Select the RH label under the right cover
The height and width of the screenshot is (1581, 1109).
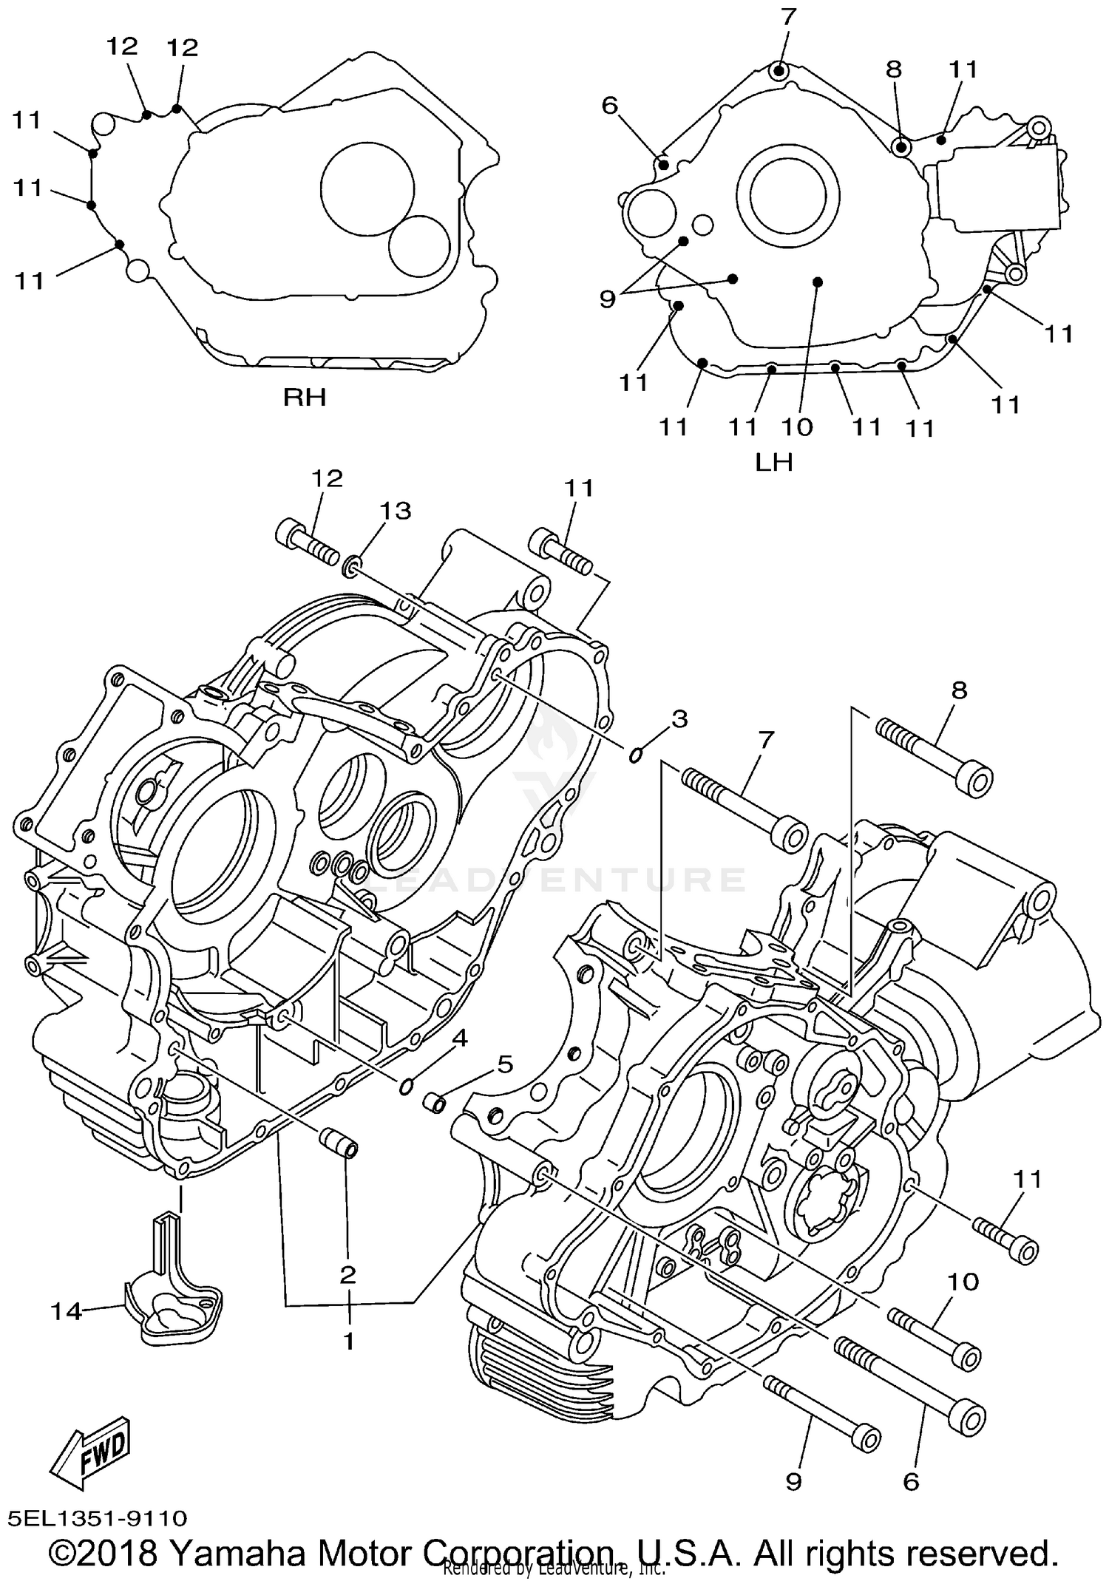pos(305,398)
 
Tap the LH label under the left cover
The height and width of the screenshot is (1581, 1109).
pos(773,462)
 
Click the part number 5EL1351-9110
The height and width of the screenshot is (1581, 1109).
pos(98,1519)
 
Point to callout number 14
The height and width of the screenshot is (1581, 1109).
pos(65,1312)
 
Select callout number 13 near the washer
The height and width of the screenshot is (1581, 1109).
pos(395,511)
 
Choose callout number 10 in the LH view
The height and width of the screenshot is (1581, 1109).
pos(797,426)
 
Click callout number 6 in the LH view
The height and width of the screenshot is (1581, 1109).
pos(609,106)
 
